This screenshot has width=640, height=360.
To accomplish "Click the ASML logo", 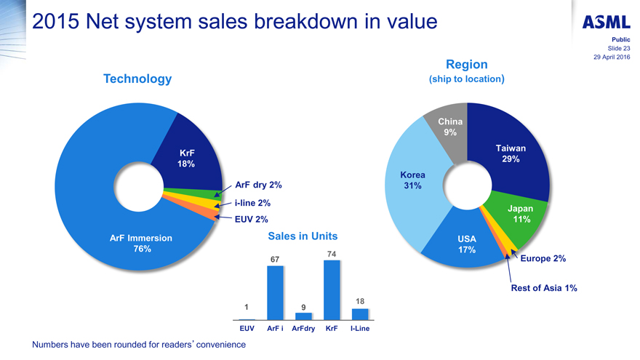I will [x=606, y=21].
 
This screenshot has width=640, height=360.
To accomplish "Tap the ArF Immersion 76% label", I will [x=140, y=243].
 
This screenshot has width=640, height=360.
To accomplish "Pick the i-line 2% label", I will [x=253, y=203].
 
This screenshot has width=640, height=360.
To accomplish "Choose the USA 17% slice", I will [x=465, y=244].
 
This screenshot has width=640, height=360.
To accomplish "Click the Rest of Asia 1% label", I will [x=543, y=288].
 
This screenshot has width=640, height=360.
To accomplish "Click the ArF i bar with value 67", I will [x=275, y=292].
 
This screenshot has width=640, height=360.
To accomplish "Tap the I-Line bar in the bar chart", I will [x=360, y=313].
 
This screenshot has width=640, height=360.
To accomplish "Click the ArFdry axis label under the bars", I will [x=303, y=329].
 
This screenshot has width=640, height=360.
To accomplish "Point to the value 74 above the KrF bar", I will [x=332, y=253].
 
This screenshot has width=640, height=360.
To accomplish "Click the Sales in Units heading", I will [x=303, y=236].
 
